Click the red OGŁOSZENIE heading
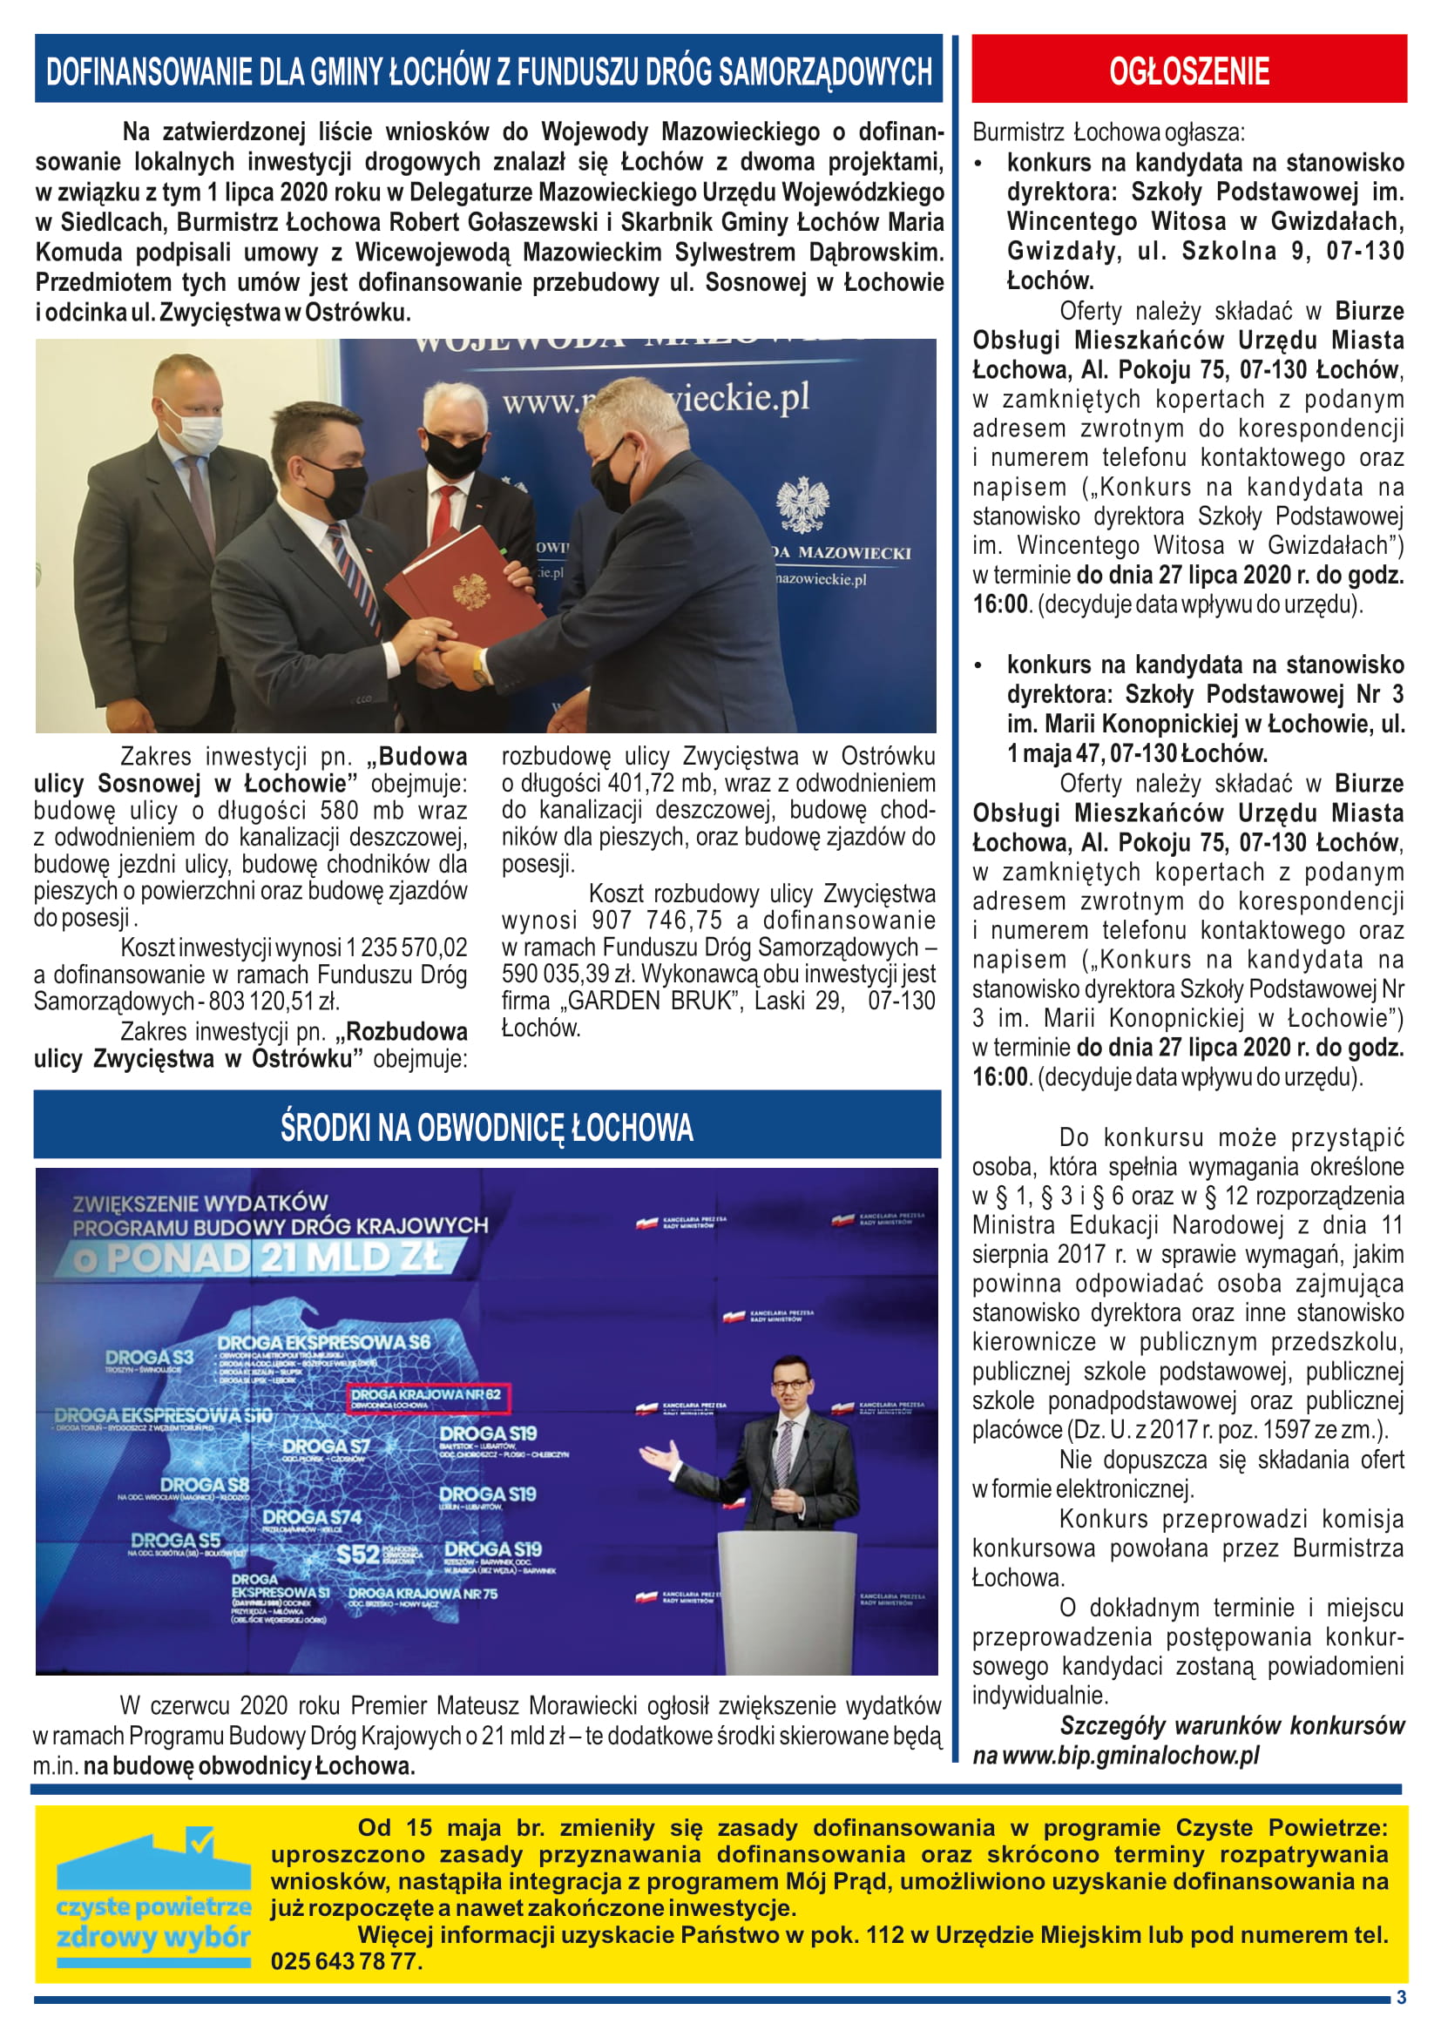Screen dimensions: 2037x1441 coord(1188,71)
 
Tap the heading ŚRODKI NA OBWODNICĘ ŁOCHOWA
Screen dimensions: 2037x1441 coord(486,1127)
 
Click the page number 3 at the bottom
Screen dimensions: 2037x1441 coord(1401,1997)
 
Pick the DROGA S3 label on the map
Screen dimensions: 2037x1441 coord(149,1357)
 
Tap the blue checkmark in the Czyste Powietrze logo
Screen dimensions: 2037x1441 coord(199,1838)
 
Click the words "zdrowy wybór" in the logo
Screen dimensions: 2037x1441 coord(153,1937)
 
